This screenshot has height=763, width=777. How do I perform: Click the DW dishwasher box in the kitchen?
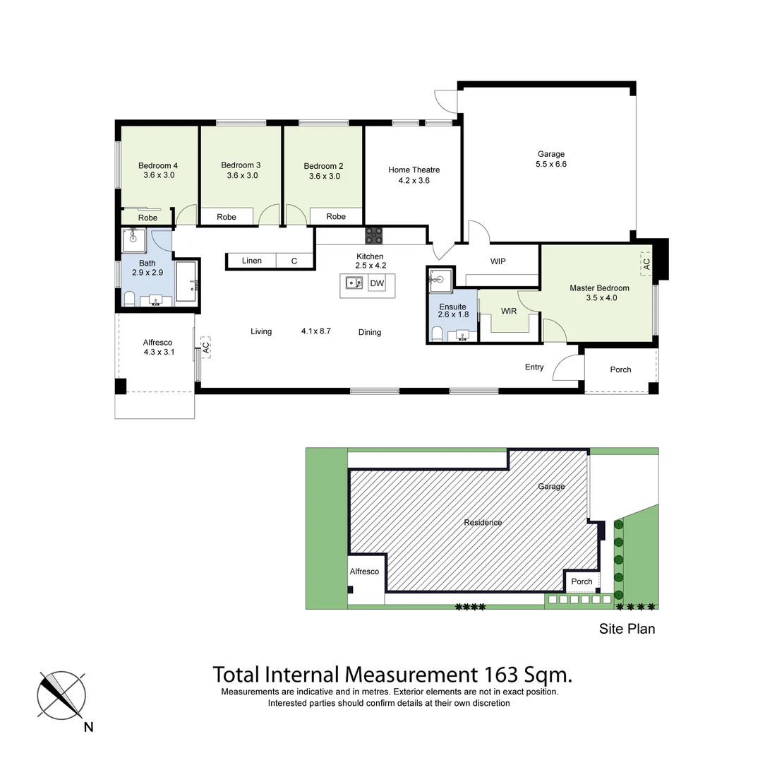(377, 284)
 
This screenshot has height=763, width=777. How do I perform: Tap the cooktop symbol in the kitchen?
(373, 235)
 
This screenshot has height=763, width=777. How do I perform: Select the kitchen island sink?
(354, 284)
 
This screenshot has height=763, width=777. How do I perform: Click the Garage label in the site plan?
(551, 486)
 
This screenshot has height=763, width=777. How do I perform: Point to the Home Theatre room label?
(414, 170)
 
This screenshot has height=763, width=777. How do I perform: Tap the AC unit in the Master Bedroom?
(646, 263)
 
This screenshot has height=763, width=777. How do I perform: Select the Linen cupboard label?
(252, 261)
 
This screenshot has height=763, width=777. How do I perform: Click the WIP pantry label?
(498, 261)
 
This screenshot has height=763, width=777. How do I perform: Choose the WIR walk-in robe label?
(509, 311)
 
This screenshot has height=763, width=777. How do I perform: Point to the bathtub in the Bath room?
(186, 283)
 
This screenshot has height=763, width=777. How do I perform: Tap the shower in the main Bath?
(133, 240)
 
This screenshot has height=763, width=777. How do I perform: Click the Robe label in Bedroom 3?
(227, 217)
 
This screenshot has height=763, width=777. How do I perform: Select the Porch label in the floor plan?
(620, 369)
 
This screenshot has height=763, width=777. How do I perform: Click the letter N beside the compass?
(88, 727)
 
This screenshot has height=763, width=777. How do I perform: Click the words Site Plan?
(627, 628)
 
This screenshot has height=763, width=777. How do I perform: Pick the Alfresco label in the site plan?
(365, 572)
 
